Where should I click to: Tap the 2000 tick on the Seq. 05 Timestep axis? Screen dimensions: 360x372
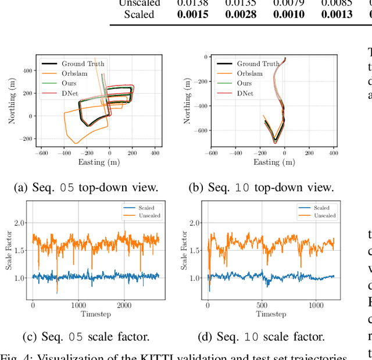point(124,305)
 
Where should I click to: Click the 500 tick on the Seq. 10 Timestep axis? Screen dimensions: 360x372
point(262,305)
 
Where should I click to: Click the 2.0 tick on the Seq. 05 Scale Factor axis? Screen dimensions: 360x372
point(23,223)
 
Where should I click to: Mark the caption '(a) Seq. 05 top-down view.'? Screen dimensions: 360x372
point(86,187)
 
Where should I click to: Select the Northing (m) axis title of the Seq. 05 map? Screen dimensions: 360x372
point(11,99)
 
